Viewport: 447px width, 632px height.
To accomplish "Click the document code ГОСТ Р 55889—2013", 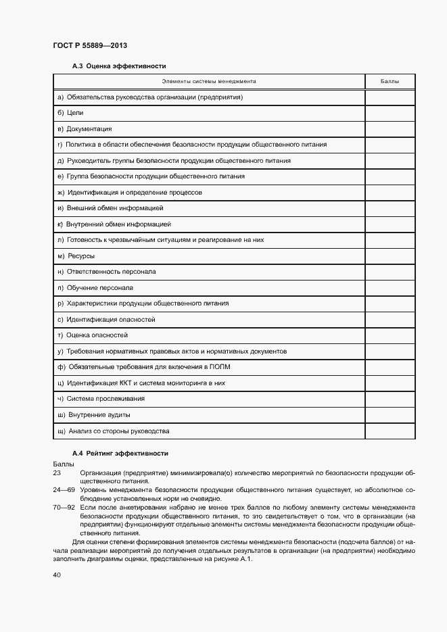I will [x=90, y=45].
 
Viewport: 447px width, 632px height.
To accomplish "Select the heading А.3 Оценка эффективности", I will [x=119, y=66].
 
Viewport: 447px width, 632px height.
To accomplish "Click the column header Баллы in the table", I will [x=390, y=81].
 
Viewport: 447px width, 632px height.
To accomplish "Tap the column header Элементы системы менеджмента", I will [x=208, y=81].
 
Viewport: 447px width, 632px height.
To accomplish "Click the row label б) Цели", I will [x=70, y=113].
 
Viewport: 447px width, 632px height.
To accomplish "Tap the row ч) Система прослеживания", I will [x=101, y=399].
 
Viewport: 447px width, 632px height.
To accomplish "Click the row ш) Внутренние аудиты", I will [x=95, y=415].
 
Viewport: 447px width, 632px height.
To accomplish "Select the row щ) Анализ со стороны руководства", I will [x=114, y=431].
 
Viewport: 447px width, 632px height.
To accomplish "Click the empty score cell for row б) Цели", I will [x=390, y=113].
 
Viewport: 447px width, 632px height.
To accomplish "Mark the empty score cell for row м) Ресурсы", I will [x=390, y=256].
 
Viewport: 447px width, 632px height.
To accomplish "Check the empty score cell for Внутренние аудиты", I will [x=390, y=415].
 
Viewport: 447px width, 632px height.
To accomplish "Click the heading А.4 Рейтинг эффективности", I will [x=120, y=453].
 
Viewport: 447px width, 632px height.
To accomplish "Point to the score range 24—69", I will [x=62, y=489].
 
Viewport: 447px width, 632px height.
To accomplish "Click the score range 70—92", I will [x=62, y=506].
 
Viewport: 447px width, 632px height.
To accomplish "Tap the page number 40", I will [x=57, y=575].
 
